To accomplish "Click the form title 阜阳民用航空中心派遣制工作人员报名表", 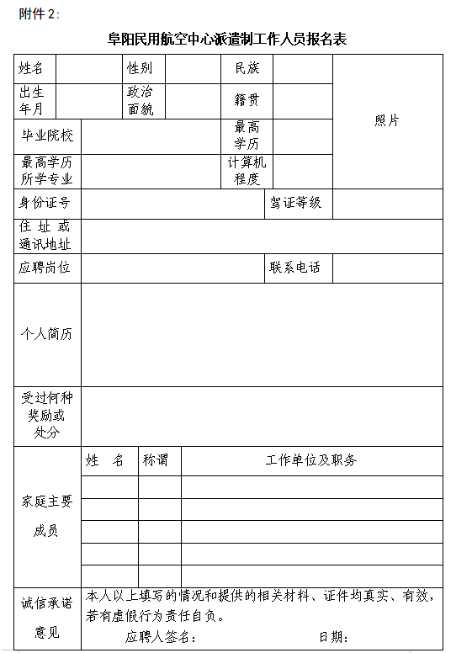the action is pyautogui.click(x=227, y=39).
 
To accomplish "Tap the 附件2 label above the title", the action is pyautogui.click(x=39, y=13).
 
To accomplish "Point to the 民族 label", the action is pyautogui.click(x=247, y=68).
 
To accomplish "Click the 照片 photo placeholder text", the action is pyautogui.click(x=387, y=120).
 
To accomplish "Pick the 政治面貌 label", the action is pyautogui.click(x=140, y=100).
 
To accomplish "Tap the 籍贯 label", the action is pyautogui.click(x=247, y=100).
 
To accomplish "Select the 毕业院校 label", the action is pyautogui.click(x=47, y=135).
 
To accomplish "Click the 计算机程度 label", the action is pyautogui.click(x=247, y=171).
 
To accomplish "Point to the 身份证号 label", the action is pyautogui.click(x=45, y=203).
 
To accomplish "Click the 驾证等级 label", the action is pyautogui.click(x=295, y=203).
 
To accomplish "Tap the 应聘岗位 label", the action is pyautogui.click(x=45, y=268).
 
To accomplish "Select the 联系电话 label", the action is pyautogui.click(x=295, y=268).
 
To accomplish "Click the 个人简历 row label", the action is pyautogui.click(x=47, y=334).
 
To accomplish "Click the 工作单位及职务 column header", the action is pyautogui.click(x=311, y=460).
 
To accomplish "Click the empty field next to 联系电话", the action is pyautogui.click(x=388, y=268).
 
